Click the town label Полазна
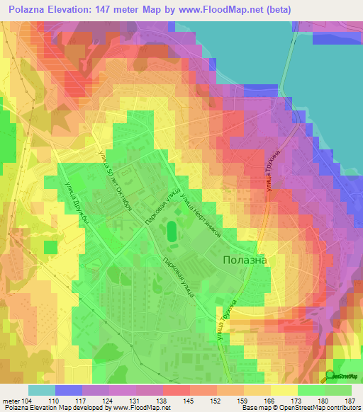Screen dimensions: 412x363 coord(245,260)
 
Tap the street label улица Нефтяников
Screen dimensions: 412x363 coord(202,212)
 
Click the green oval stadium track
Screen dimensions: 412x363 coord(172,231)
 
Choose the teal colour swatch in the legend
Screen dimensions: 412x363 coord(42,389)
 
